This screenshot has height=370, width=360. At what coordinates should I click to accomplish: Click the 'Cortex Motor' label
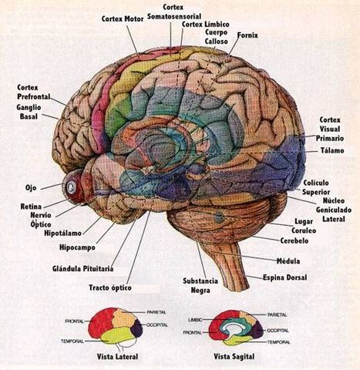(x=124, y=18)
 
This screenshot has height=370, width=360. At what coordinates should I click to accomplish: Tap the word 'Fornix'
(x=247, y=35)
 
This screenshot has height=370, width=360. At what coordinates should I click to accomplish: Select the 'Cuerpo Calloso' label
(x=216, y=38)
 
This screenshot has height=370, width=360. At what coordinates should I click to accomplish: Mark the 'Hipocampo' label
(x=77, y=247)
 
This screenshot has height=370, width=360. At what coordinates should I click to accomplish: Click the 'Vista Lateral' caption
(x=118, y=357)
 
